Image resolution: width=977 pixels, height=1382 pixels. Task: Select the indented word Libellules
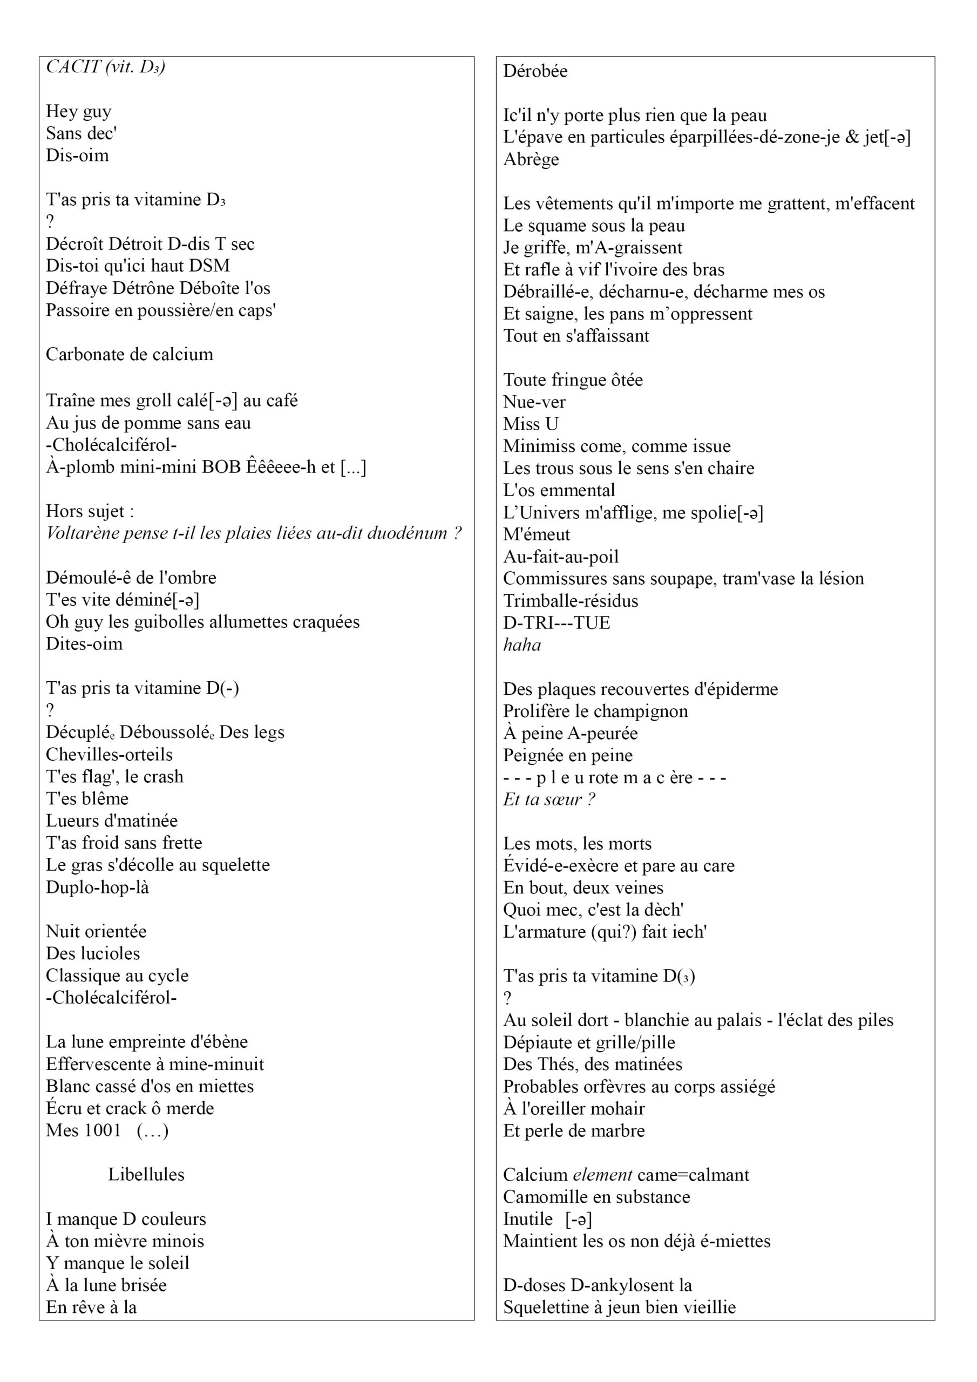coord(146,1174)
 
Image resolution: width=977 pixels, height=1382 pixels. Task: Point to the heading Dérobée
coord(535,71)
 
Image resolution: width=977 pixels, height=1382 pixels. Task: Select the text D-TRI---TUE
coord(556,623)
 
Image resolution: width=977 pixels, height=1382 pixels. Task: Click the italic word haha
coord(522,645)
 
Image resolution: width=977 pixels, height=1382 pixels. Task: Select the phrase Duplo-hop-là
coord(98,887)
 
